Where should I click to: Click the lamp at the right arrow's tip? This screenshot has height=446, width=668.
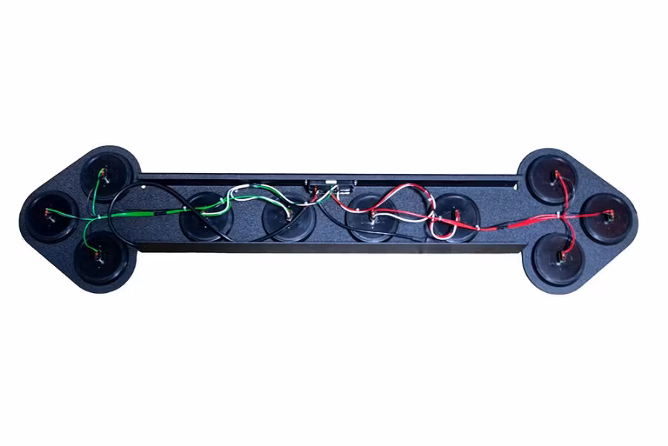pyautogui.click(x=607, y=217)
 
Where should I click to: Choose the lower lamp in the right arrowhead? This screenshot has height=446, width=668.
pyautogui.click(x=558, y=259)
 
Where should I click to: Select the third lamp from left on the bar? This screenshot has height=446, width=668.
pyautogui.click(x=371, y=219)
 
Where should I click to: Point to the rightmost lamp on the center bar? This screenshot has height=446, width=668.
pyautogui.click(x=452, y=218)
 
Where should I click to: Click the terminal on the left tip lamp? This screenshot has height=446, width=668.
pyautogui.click(x=49, y=215)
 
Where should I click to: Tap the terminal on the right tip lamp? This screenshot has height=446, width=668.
pyautogui.click(x=607, y=216)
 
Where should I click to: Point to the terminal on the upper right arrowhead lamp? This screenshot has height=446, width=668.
pyautogui.click(x=555, y=176)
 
